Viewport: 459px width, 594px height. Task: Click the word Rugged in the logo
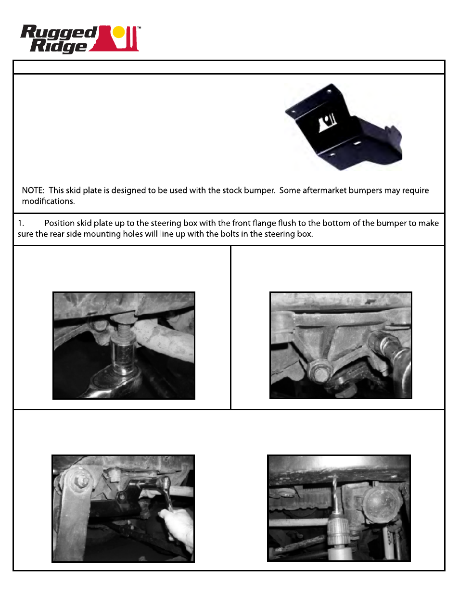coord(58,33)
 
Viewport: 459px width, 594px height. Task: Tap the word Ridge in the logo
coord(58,46)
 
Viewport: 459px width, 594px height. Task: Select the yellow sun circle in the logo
coord(118,32)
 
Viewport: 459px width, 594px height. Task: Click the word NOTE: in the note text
coord(33,190)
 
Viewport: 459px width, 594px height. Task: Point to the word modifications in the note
coord(48,201)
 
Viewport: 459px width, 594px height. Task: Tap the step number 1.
coord(21,223)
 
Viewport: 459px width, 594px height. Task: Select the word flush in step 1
coord(287,223)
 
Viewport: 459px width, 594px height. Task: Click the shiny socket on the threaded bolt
coord(123,354)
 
